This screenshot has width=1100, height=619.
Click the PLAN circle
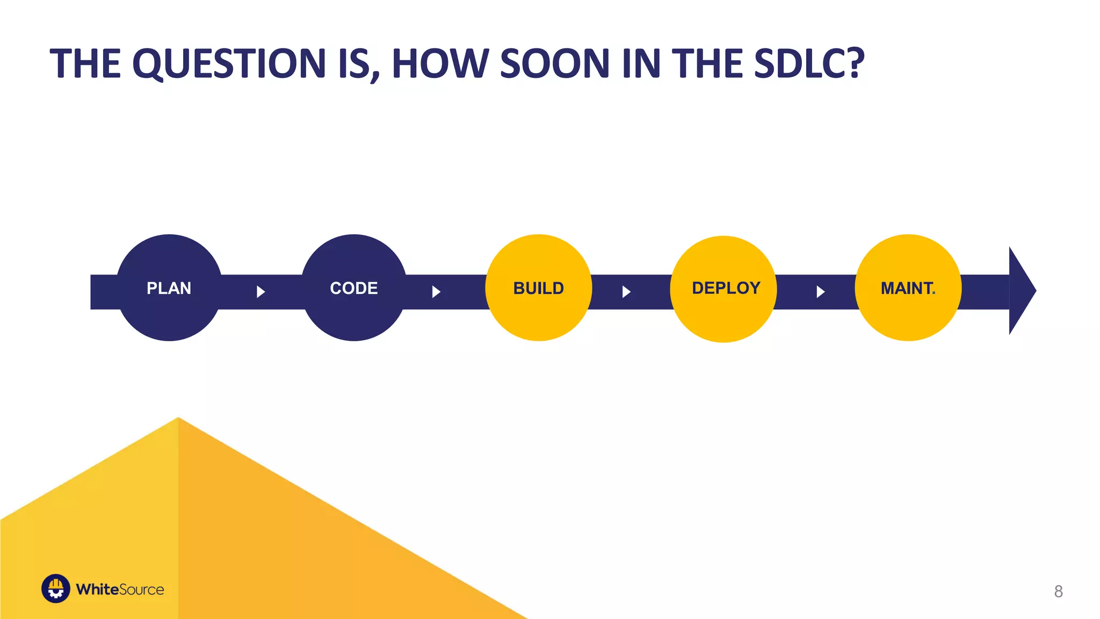pos(169,288)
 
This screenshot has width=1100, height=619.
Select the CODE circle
pos(354,288)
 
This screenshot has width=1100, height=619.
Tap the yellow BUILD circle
pos(539,288)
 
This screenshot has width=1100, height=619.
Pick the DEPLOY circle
pos(723,289)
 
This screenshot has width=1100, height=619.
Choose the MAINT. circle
pos(908,288)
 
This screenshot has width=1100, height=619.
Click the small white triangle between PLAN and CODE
pos(260,292)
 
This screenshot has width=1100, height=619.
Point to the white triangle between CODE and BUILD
pos(436,292)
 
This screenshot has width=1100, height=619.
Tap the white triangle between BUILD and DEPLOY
pos(626,292)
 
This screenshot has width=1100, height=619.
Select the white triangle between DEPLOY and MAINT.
pos(820,292)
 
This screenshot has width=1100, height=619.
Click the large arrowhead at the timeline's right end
pos(1021,291)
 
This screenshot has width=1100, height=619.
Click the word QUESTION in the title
pos(229,63)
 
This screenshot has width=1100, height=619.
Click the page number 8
pos(1058,592)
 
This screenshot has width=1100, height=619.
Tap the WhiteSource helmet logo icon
pos(56,589)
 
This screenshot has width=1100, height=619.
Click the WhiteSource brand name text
pos(120,589)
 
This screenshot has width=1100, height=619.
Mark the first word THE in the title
pos(85,63)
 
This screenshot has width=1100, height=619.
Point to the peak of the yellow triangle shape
pos(178,419)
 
